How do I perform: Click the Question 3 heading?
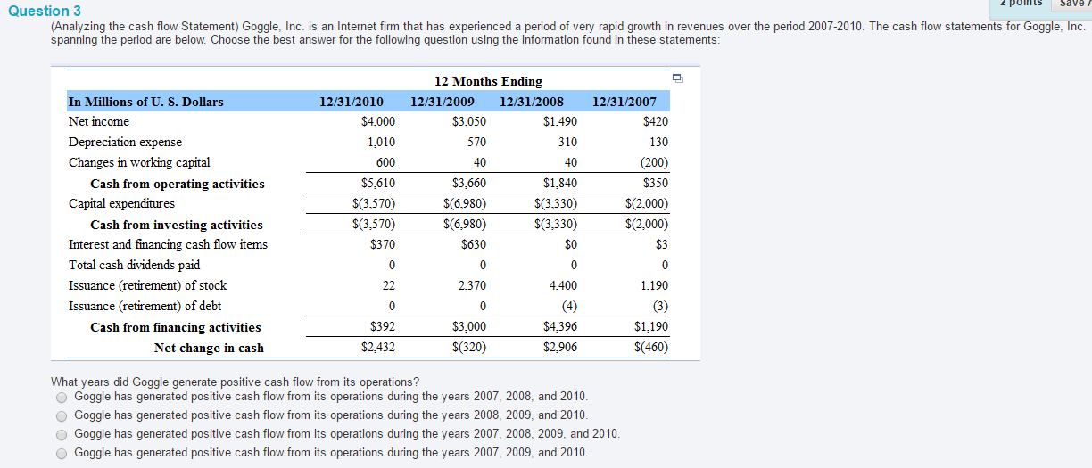coord(45,11)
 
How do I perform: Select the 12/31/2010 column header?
coord(351,102)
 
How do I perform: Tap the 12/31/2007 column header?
coord(624,102)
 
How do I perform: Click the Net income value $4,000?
coord(377,121)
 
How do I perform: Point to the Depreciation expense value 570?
coord(476,142)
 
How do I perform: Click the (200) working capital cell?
coord(654,162)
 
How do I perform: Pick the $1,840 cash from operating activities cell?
coord(560,183)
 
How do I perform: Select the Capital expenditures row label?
coord(121,203)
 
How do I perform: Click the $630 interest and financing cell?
coord(474,244)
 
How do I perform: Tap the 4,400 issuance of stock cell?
coord(563,285)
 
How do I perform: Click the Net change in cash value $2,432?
coord(377,347)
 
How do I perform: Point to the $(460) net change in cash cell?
coord(650,347)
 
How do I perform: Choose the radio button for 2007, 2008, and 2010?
coord(62,398)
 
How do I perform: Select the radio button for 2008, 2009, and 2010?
coord(62,416)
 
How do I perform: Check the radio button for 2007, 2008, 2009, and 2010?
coord(62,434)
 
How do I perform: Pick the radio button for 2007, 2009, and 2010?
coord(62,454)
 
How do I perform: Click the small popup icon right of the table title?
coord(678,78)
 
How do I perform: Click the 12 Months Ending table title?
coord(488,81)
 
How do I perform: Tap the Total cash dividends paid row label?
coord(134,265)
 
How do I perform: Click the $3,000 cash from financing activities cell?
coord(469,326)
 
